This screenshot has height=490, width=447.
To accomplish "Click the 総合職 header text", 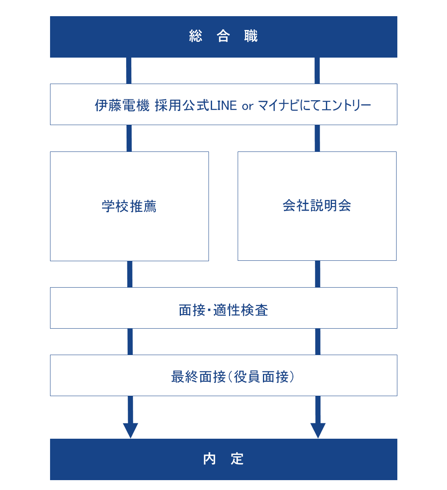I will coord(223,36).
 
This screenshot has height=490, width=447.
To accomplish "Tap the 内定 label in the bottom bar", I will coord(223,459).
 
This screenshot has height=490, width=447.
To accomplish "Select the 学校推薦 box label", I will coord(129,206).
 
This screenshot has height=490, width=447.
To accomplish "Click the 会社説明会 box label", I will coord(317,206).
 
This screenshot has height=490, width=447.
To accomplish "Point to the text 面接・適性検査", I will coord(223,310).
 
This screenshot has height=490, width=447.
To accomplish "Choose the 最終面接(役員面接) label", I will coord(233,377).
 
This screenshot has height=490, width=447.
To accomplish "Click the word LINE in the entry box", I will coord(223,105).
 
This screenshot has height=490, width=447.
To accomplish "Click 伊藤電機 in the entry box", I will coord(122,105).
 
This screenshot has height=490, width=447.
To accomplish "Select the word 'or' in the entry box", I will coord(247,106).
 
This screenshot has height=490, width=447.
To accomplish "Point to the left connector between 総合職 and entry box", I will coord(129,71).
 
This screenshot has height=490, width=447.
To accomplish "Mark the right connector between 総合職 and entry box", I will coord(317,71).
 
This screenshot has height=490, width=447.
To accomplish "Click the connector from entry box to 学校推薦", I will coord(129,138).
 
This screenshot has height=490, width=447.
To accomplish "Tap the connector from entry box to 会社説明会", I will coord(317,138).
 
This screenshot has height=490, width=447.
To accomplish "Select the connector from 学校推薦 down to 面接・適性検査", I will coord(130,274).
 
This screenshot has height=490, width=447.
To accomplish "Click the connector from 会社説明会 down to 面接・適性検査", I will coord(318,274).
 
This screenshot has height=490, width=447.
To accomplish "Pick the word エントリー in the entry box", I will coord(346,105).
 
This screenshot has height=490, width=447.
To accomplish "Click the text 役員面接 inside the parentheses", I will coord(261,377).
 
